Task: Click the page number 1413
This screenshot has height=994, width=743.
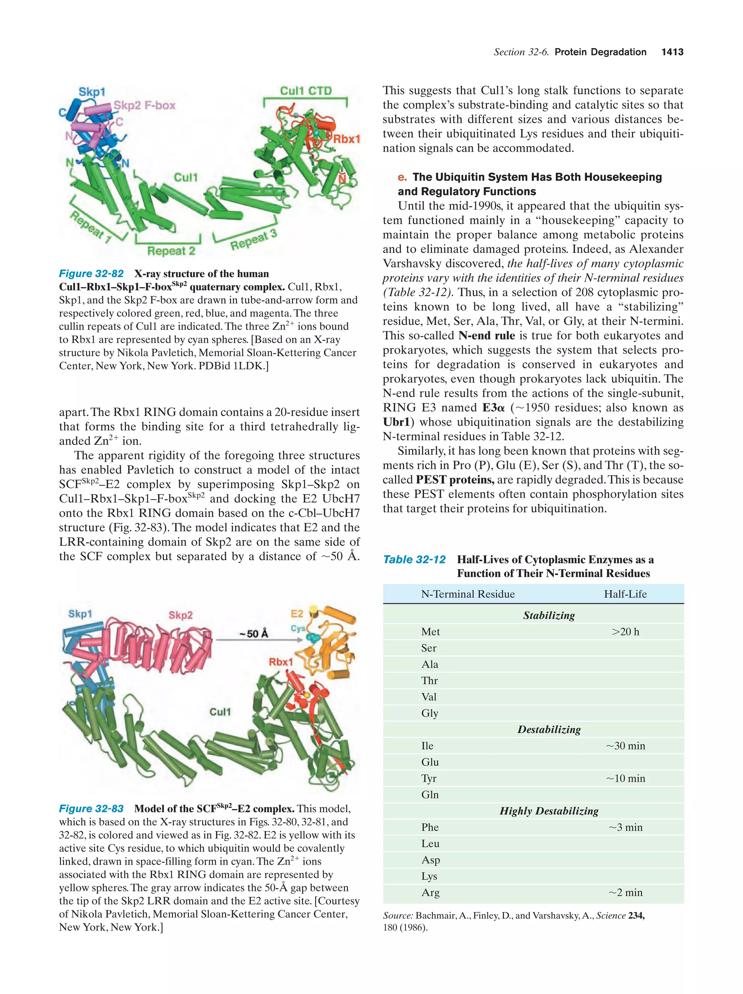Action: point(672,52)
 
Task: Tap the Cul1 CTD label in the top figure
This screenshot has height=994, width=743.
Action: point(305,91)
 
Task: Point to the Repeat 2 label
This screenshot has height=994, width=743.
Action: point(171,251)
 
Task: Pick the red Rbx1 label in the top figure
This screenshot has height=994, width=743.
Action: point(346,139)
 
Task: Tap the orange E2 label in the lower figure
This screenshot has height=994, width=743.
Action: point(297,614)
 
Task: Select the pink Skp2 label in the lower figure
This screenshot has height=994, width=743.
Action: point(180,615)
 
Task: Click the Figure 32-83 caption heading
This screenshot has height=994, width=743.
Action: point(91,809)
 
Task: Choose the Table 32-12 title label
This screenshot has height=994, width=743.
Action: point(414,560)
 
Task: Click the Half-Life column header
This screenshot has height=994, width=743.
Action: point(625,594)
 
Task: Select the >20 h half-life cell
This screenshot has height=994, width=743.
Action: point(625,632)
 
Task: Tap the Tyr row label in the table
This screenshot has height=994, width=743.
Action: point(429,778)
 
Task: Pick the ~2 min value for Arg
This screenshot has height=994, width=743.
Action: point(625,892)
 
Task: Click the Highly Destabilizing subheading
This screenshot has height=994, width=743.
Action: point(549,811)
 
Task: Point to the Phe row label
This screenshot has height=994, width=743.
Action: point(430,827)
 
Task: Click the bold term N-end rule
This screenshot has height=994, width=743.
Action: point(487,336)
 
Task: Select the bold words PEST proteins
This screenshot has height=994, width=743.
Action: point(455,480)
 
